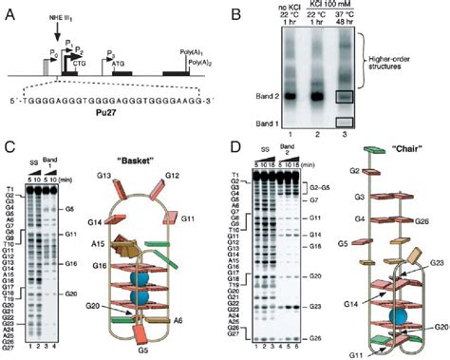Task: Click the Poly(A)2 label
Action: tap(203, 66)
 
